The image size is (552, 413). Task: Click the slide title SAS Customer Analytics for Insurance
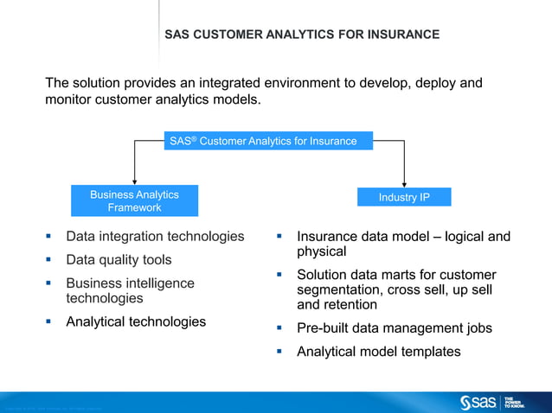[x=302, y=35]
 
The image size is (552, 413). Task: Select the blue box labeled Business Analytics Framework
[x=134, y=201]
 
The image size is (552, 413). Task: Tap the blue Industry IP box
[x=404, y=198]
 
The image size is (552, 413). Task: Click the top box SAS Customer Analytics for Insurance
[x=268, y=141]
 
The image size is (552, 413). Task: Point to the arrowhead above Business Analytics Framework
[x=134, y=179]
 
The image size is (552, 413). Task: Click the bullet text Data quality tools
[x=119, y=259]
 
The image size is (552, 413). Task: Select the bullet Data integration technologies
[x=155, y=236]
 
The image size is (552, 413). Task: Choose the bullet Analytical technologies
[x=136, y=321]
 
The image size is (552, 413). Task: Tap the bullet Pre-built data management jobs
[x=394, y=328]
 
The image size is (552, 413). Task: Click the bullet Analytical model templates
[x=378, y=352]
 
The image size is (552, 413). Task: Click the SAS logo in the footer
[x=478, y=401]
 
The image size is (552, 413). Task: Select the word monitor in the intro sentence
[x=70, y=99]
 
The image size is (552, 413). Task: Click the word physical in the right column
[x=322, y=251]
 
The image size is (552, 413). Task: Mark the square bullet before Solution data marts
[x=280, y=275]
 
